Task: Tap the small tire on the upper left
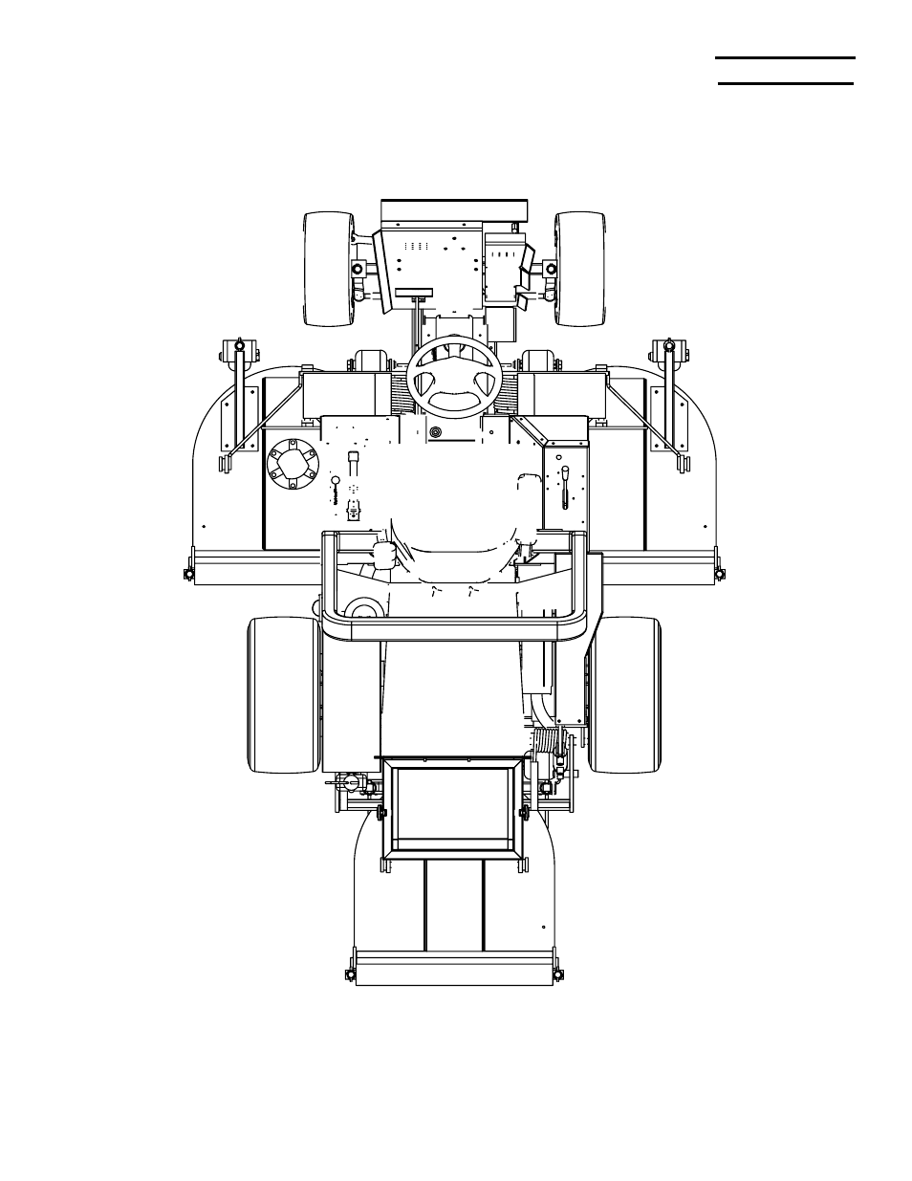click(328, 267)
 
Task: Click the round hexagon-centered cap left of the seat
click(294, 466)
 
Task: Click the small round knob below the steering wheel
click(437, 432)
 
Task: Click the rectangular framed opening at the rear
click(453, 809)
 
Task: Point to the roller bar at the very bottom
click(453, 967)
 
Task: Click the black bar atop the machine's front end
click(454, 209)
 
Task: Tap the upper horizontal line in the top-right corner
click(785, 57)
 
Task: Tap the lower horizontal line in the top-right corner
click(785, 83)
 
